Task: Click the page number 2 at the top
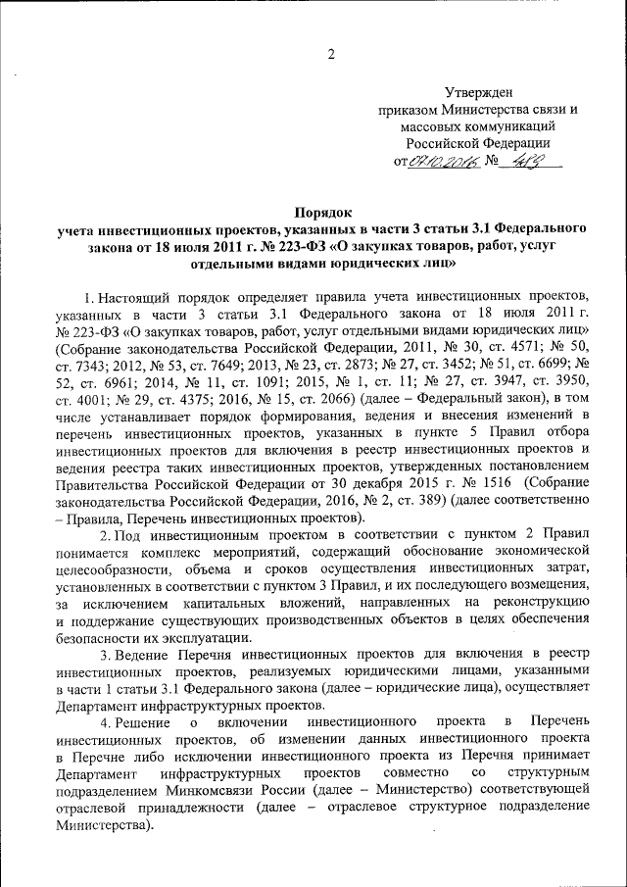pos(330,53)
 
